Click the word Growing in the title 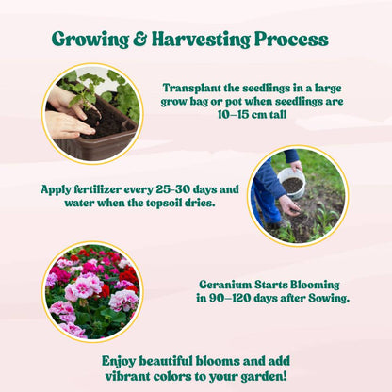90,40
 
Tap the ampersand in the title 140,39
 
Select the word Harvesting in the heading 201,40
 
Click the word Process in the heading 291,39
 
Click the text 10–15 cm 240,114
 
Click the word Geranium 225,285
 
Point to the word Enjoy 119,362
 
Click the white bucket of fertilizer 291,183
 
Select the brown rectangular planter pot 96,132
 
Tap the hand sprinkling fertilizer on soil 289,205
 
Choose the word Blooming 315,286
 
